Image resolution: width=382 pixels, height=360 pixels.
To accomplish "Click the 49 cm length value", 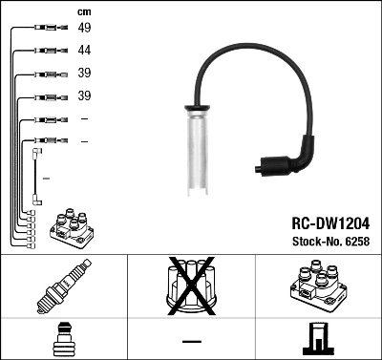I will (84, 29).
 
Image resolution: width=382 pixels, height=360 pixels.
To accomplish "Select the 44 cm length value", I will (84, 51).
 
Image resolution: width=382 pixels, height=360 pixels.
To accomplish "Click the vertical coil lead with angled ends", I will (37, 176).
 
